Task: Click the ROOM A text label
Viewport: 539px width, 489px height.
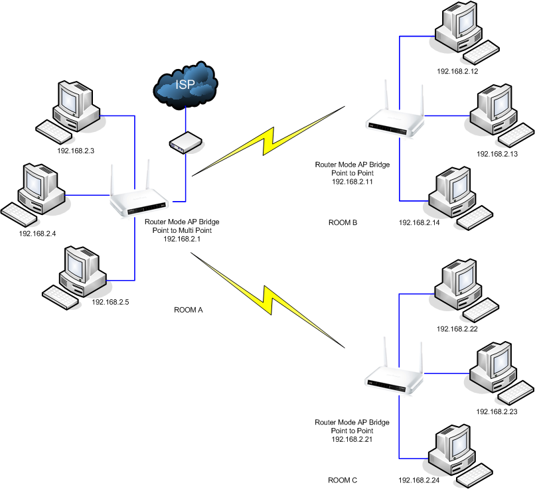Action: click(x=188, y=310)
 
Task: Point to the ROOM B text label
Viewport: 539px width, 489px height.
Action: click(x=343, y=223)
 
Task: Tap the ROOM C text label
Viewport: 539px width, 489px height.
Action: click(x=343, y=480)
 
